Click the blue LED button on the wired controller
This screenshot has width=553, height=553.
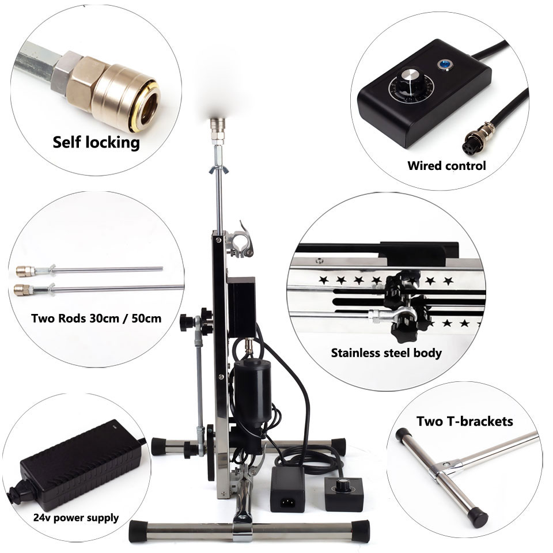pos(444,65)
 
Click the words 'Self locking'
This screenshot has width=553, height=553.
pos(96,142)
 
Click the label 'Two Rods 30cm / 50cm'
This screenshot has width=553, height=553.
pos(96,319)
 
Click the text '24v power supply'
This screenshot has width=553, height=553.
pos(76,518)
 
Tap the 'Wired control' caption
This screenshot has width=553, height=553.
pos(446,166)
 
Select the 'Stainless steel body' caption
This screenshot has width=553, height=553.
pos(386,353)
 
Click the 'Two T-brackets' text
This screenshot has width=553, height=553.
pos(464,422)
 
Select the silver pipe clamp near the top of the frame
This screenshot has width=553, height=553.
pos(240,241)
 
